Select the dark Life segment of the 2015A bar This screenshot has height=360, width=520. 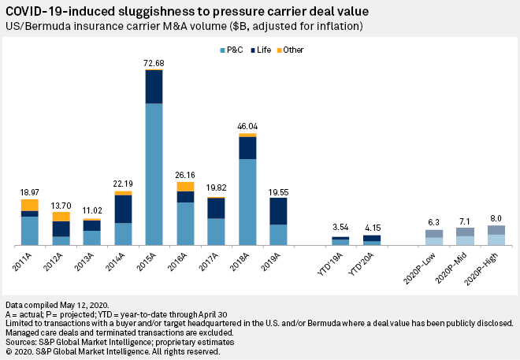pyautogui.click(x=154, y=87)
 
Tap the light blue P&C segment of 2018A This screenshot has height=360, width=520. pyautogui.click(x=247, y=202)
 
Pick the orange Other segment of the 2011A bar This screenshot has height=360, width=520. pyautogui.click(x=30, y=205)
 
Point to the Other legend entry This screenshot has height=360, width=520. pyautogui.click(x=292, y=50)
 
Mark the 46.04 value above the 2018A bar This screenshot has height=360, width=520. pyautogui.click(x=247, y=125)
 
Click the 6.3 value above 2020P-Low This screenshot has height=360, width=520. pyautogui.click(x=434, y=221)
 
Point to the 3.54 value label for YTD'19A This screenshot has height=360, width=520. pyautogui.click(x=340, y=228)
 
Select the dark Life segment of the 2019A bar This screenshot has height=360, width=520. pyautogui.click(x=278, y=210)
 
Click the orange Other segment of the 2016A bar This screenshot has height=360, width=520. pyautogui.click(x=185, y=187)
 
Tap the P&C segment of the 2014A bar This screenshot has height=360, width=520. pyautogui.click(x=123, y=234)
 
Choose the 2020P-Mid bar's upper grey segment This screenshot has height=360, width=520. pyautogui.click(x=465, y=232)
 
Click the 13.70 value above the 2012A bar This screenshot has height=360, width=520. pyautogui.click(x=61, y=204)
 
